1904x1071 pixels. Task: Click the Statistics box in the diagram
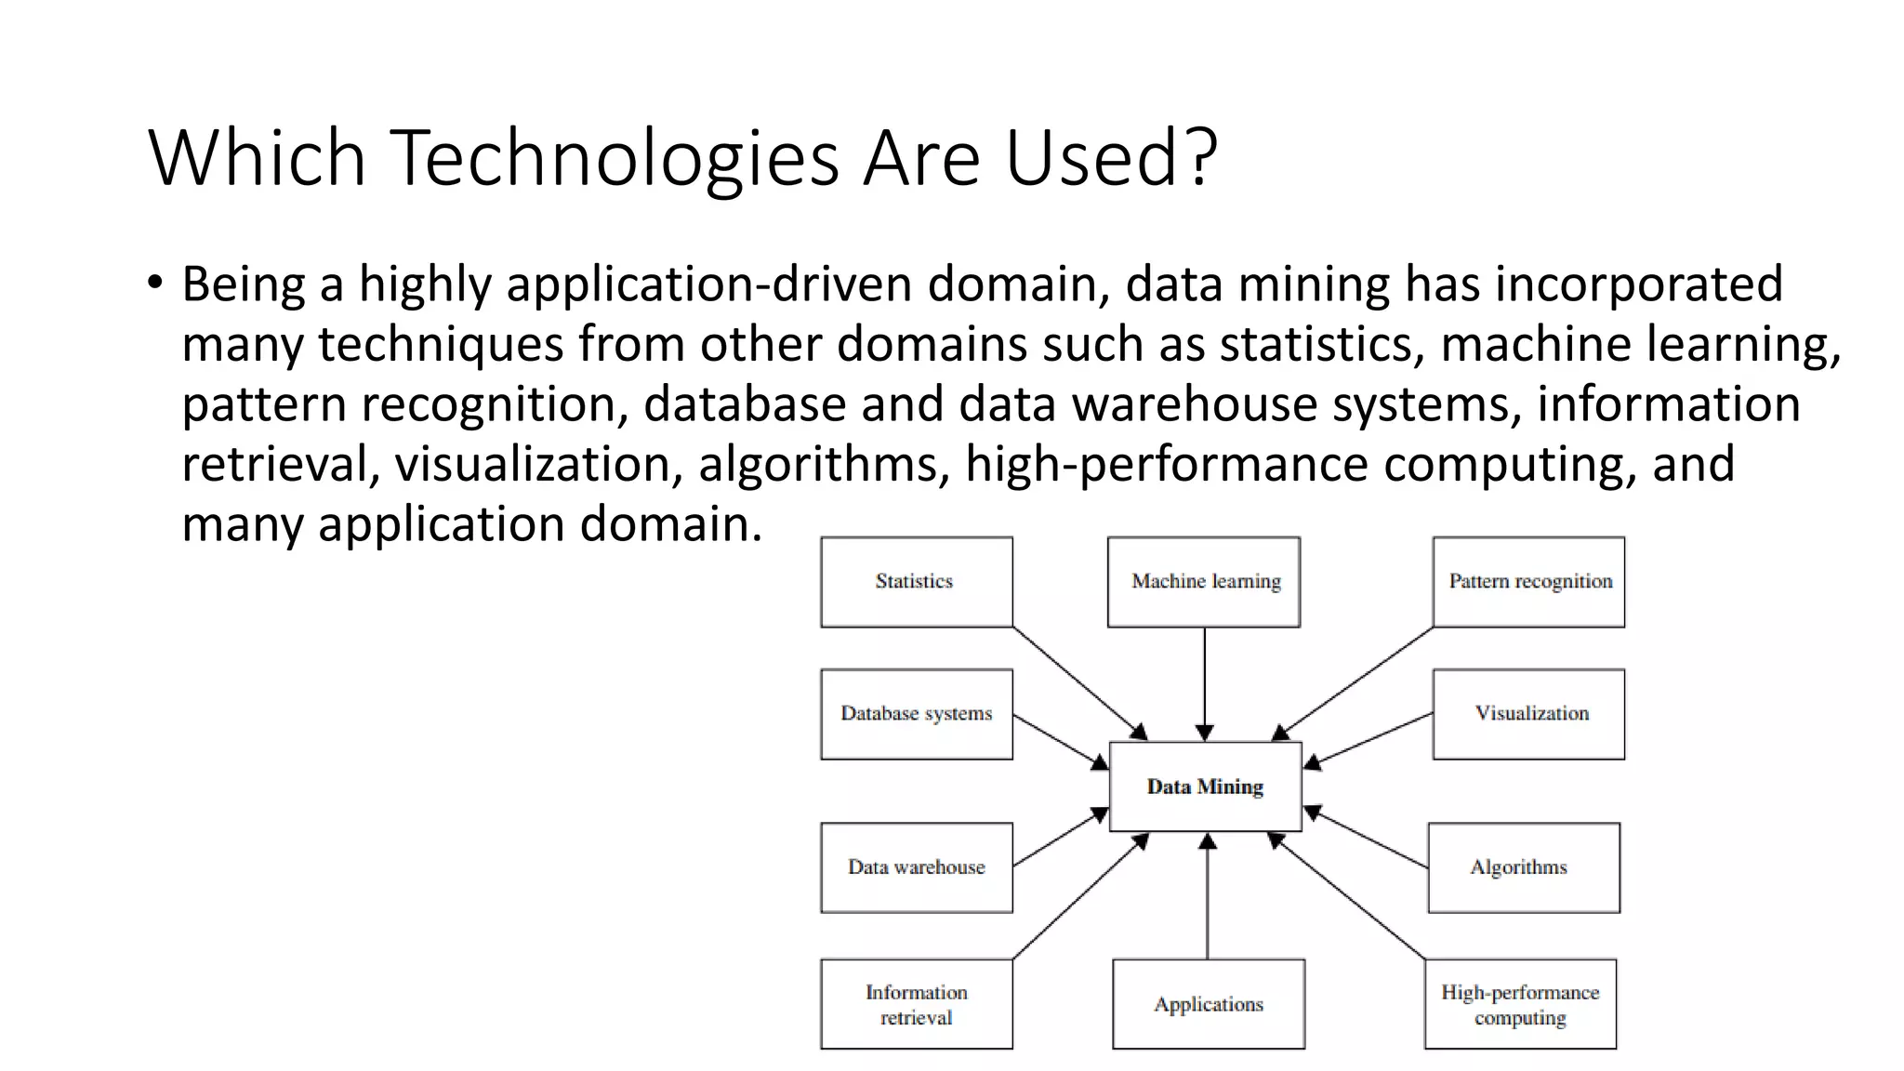click(x=916, y=582)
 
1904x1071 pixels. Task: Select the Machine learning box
click(x=1204, y=582)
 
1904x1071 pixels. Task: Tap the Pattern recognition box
click(x=1528, y=582)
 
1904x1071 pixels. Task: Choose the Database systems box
click(x=916, y=714)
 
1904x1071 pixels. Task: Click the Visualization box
click(x=1528, y=714)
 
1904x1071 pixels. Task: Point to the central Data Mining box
click(x=1205, y=787)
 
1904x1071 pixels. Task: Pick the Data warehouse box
click(x=916, y=867)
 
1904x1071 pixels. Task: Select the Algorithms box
click(x=1523, y=867)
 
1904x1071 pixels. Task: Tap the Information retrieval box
click(x=916, y=1004)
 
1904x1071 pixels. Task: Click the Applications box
click(x=1209, y=1004)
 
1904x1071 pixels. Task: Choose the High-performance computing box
click(x=1520, y=1004)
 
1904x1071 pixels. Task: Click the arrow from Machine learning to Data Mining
click(x=1205, y=683)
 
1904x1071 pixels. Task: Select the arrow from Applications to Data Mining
click(x=1208, y=897)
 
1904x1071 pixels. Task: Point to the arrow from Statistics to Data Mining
click(x=1078, y=683)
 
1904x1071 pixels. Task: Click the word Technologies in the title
click(x=614, y=158)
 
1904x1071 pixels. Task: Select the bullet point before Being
click(x=154, y=282)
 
